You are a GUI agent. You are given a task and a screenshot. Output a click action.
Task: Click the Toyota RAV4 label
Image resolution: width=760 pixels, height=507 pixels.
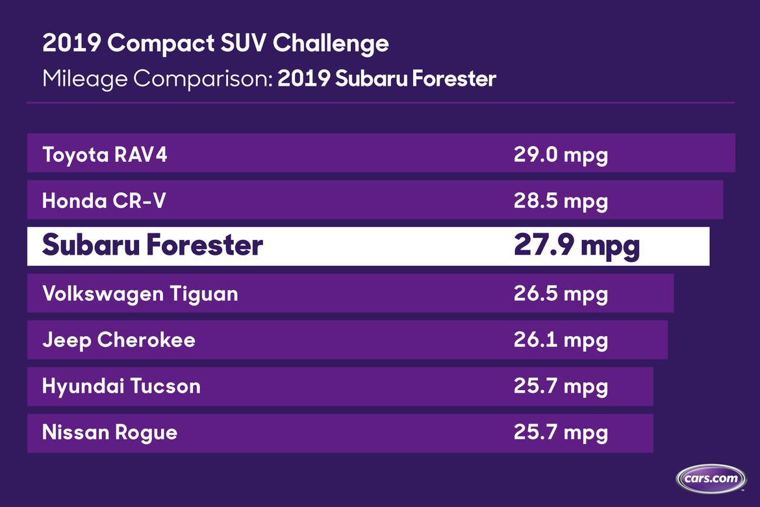coord(105,155)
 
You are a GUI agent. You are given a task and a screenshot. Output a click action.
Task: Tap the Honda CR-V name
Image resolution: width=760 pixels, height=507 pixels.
coord(104,201)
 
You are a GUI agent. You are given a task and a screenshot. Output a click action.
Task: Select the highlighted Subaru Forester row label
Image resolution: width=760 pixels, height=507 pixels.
coord(153,244)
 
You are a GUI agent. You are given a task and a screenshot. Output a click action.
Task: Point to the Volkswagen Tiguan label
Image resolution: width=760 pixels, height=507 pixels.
coord(140,294)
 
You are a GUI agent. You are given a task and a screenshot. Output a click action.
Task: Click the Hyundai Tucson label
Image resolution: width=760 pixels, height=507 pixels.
coord(121,387)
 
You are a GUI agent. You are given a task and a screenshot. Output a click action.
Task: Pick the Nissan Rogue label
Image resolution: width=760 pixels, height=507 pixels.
coord(110,433)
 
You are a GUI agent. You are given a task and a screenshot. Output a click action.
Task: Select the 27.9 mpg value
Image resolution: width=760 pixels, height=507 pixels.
coord(577,246)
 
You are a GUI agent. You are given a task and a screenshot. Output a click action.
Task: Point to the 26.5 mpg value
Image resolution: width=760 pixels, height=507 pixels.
coord(561,294)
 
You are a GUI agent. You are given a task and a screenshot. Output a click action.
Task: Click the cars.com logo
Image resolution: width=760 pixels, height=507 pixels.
coord(711,479)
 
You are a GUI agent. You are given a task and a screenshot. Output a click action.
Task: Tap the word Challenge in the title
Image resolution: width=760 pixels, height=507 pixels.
coord(331,44)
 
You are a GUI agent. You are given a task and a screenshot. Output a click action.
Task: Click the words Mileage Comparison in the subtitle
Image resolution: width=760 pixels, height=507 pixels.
coord(158,79)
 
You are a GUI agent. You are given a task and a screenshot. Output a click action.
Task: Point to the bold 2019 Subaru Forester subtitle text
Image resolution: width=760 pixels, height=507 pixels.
coord(386,79)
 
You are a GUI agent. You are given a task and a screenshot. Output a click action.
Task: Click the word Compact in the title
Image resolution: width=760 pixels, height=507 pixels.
coord(161,44)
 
